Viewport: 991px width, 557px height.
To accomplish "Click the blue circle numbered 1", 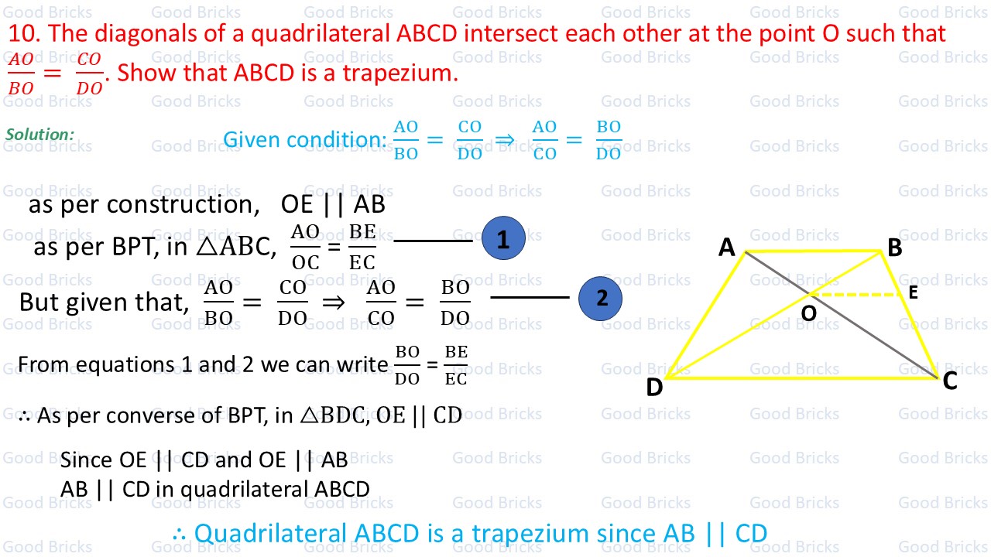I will [503, 239].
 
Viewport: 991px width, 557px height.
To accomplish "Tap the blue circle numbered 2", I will [602, 298].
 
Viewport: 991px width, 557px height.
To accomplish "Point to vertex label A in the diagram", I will [726, 247].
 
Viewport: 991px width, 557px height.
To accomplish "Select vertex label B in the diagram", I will [894, 248].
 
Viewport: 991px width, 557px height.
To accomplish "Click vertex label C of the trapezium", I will [950, 381].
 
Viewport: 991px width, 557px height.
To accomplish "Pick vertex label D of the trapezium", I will [654, 387].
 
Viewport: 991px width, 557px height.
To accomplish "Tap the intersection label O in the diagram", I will [808, 313].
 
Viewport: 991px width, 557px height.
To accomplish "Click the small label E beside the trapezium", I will [913, 292].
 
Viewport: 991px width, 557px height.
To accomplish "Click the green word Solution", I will [39, 135].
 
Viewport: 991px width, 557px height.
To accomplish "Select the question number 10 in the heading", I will [24, 33].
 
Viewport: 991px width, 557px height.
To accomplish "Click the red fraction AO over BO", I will [21, 74].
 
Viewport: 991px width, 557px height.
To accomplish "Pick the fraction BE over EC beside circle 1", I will [362, 247].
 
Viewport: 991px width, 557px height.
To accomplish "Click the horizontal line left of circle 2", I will [530, 297].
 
